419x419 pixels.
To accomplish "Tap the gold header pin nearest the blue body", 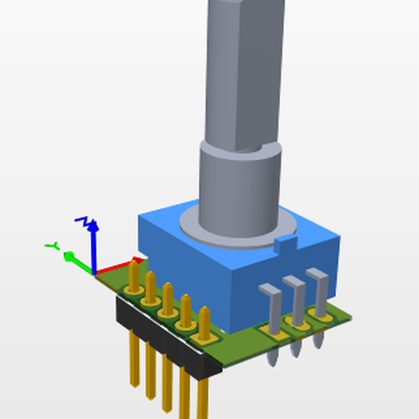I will [x=203, y=318].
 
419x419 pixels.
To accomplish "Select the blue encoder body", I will [x=279, y=279].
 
